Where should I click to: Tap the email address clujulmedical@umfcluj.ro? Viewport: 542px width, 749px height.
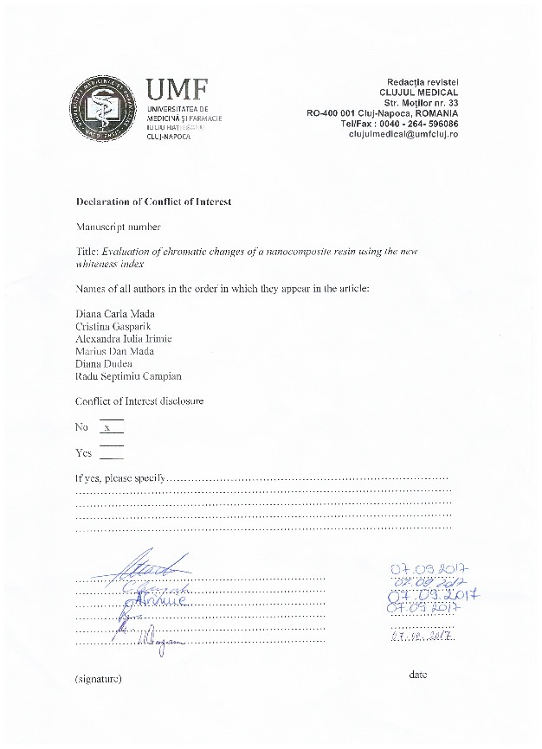403,135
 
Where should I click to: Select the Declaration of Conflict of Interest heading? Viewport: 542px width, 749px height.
153,202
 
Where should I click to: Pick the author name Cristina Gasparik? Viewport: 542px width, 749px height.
113,326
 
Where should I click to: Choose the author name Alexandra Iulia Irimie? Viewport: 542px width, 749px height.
123,338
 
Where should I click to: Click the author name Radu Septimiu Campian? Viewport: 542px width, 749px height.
128,376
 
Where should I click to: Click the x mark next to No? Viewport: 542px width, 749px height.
107,427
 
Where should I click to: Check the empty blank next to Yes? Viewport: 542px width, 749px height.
112,452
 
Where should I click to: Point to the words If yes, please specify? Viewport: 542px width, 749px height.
120,477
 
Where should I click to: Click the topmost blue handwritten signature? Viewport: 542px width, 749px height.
147,567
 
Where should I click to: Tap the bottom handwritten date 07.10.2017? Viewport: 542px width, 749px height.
423,637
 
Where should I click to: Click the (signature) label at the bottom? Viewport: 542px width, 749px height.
99,679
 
